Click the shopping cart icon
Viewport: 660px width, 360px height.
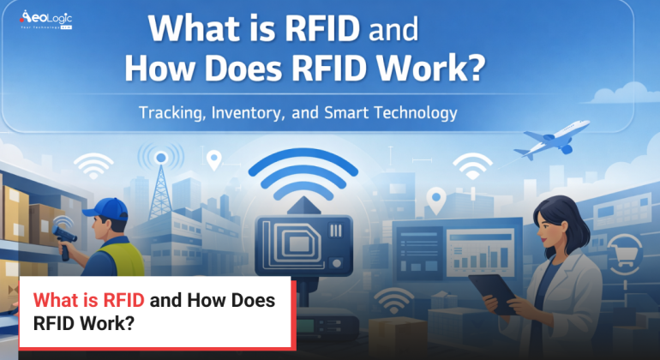(x=622, y=255)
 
